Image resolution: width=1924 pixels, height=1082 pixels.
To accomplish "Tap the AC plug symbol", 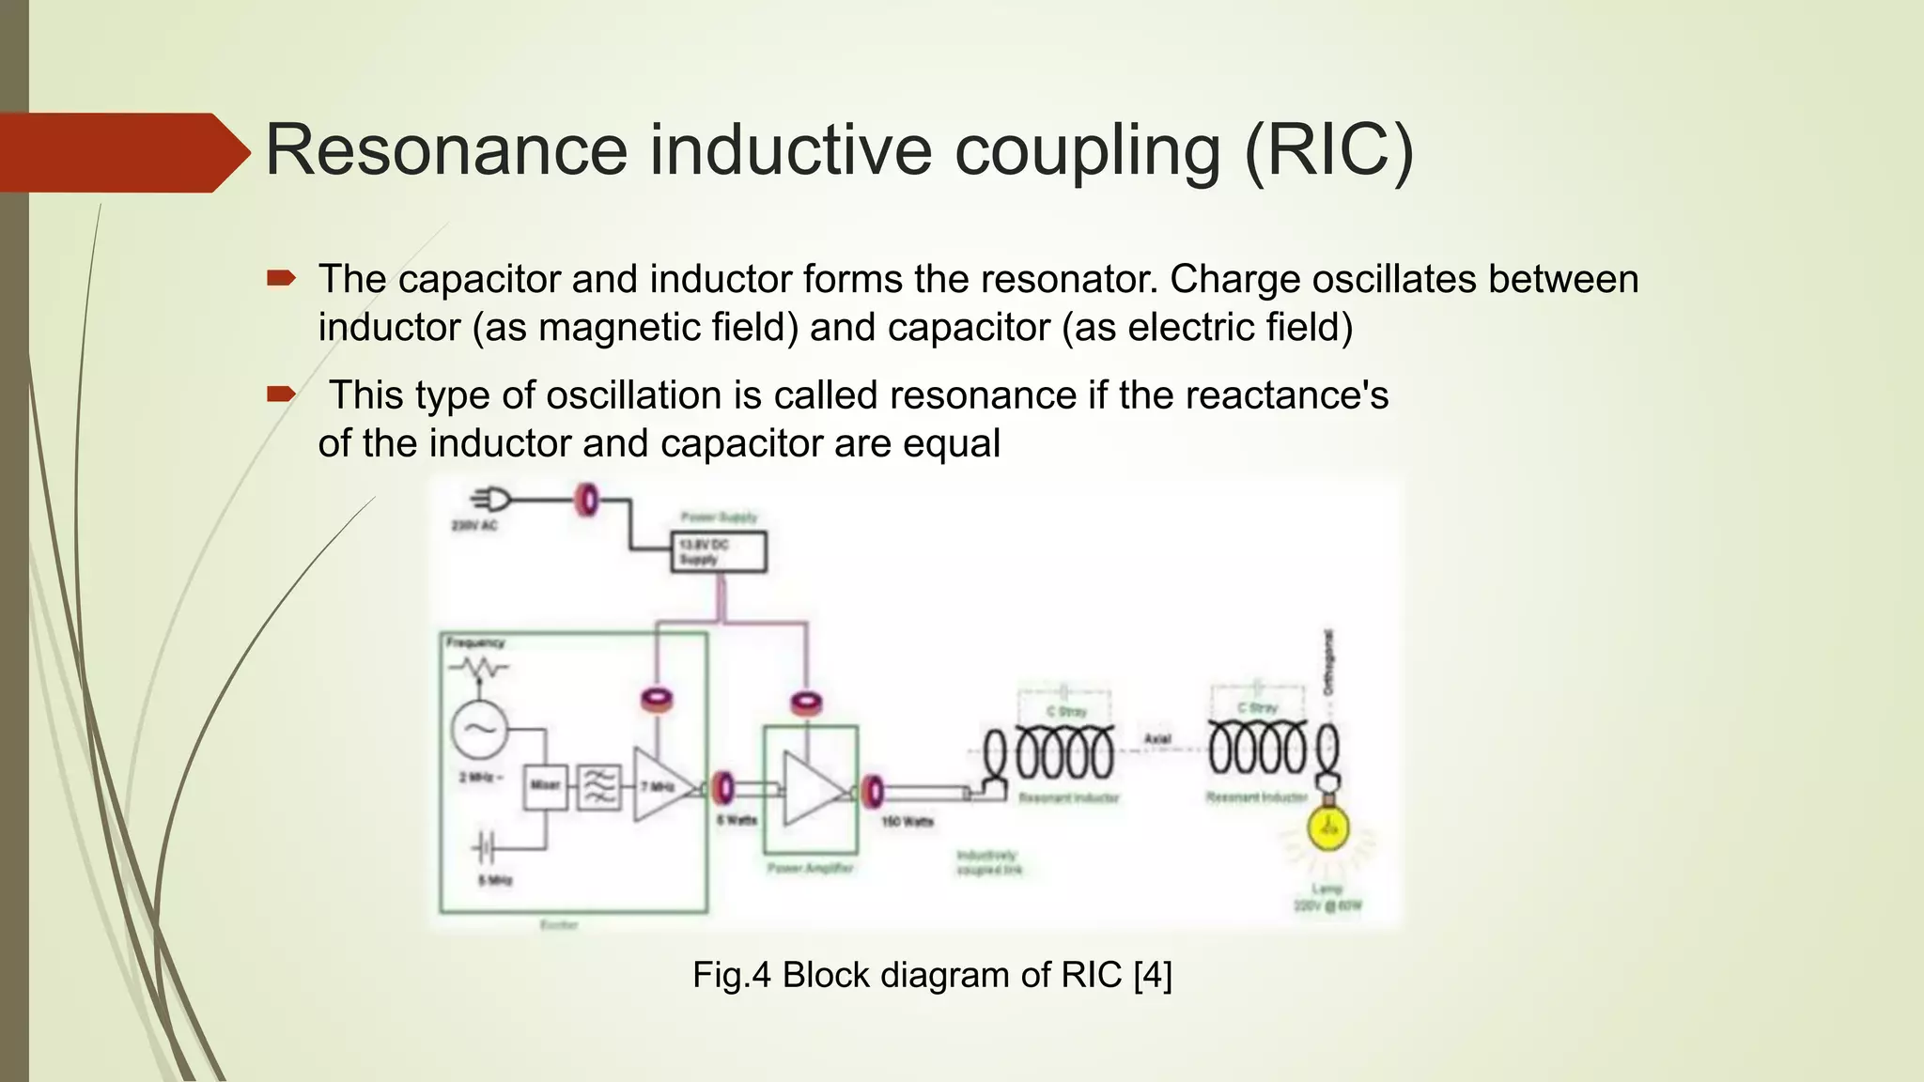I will click(x=492, y=500).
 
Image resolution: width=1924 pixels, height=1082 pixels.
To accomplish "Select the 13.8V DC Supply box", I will click(x=719, y=551).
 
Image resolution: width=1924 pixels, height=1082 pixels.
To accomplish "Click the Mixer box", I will click(x=545, y=784).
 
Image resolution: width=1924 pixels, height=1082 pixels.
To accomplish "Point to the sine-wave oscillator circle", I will click(x=479, y=729).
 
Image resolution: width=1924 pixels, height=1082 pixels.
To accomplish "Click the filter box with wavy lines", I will click(x=598, y=786).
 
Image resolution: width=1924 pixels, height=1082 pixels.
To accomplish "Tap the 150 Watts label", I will click(x=907, y=822).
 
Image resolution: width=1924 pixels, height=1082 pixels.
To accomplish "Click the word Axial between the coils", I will click(x=1157, y=739).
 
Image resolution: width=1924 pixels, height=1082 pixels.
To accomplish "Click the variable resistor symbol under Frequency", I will click(x=479, y=669).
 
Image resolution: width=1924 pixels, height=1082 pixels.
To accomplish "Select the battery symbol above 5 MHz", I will click(x=484, y=849).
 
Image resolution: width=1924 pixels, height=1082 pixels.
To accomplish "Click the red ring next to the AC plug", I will click(x=587, y=500).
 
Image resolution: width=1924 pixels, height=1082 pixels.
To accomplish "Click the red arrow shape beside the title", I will click(x=122, y=152).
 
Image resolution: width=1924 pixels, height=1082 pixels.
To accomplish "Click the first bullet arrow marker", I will click(x=281, y=278).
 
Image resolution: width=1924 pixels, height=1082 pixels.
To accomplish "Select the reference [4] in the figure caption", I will click(x=1153, y=975).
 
